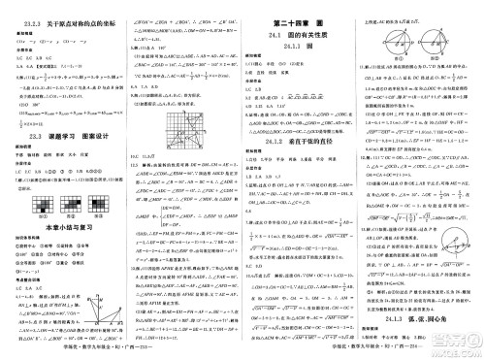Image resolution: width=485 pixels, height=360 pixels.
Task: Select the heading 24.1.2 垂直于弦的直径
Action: [x=302, y=140]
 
